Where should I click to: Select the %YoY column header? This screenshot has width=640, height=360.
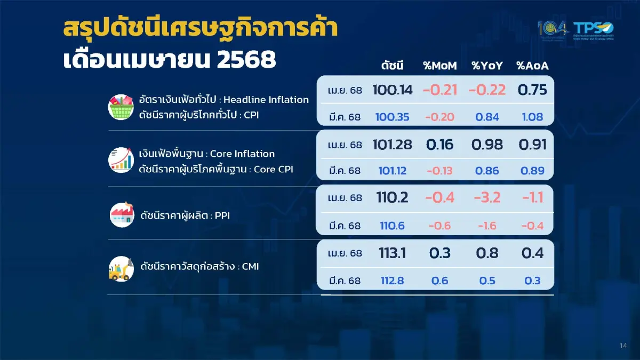[487, 66]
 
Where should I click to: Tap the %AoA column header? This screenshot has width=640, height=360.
[532, 66]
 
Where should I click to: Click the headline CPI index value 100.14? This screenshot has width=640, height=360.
[393, 90]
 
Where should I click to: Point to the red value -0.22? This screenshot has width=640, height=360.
[487, 90]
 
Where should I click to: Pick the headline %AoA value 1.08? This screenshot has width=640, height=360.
[532, 117]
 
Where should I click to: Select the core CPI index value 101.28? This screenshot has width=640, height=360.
[393, 144]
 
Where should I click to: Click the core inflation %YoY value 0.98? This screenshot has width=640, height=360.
[487, 144]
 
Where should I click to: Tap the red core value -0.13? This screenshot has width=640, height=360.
[440, 171]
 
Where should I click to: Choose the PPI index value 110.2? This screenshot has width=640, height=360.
[393, 198]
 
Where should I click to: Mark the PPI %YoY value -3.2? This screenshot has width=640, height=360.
[487, 198]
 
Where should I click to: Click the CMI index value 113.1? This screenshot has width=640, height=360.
[393, 253]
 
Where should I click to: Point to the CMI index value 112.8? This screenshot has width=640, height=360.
[393, 281]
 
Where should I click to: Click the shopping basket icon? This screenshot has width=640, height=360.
[122, 107]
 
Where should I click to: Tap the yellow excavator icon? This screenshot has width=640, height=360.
[122, 267]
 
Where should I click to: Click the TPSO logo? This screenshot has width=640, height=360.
[594, 30]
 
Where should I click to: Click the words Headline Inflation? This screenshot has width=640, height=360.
[266, 100]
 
